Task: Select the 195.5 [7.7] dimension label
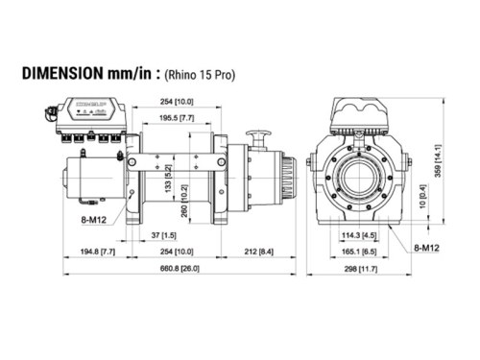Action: click(173, 115)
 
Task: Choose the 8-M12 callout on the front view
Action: click(426, 248)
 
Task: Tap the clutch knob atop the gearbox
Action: click(257, 138)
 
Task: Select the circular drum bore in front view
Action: click(360, 181)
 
